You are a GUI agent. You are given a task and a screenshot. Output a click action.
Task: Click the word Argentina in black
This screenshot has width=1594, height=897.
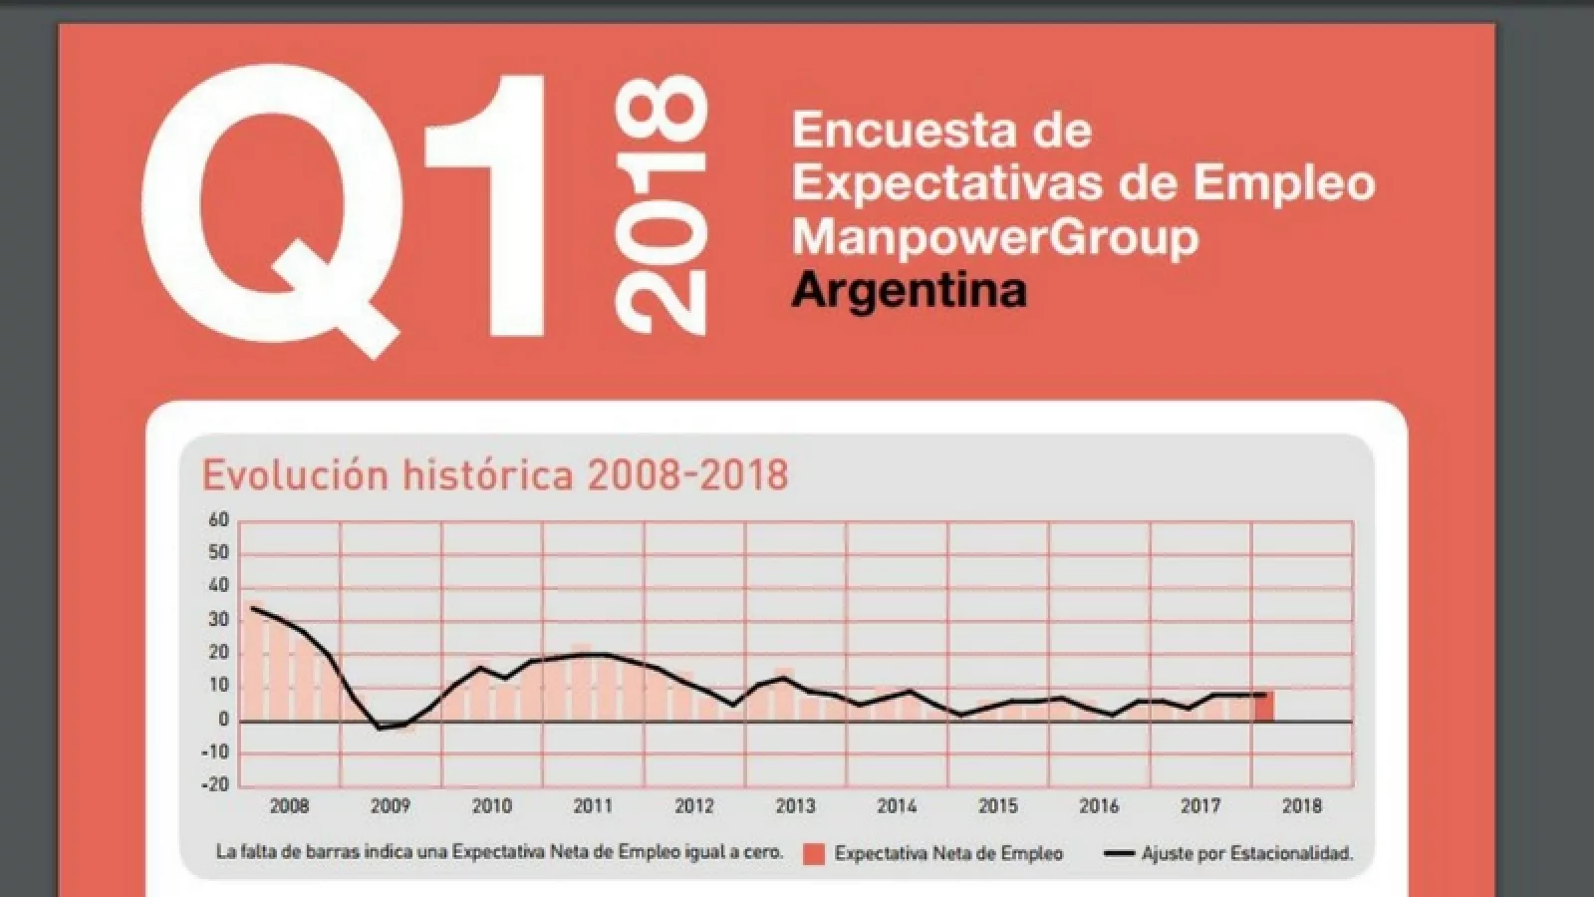tap(909, 290)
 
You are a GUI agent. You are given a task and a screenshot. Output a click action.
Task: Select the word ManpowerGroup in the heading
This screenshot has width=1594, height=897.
tap(994, 236)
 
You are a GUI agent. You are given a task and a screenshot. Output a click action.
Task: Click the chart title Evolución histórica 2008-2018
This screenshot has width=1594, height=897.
tap(495, 474)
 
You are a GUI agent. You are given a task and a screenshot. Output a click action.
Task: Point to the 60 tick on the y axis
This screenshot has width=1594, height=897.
tap(218, 519)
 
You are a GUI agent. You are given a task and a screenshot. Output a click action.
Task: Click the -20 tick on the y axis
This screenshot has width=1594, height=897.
tap(215, 784)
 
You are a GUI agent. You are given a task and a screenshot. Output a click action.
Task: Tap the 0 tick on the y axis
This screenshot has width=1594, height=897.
tap(224, 719)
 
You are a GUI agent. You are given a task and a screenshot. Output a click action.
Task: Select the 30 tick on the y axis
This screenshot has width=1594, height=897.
tap(218, 619)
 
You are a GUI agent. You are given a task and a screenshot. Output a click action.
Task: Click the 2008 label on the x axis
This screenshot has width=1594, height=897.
tap(289, 805)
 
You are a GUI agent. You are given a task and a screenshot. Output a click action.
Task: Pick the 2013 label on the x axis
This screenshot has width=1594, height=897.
tap(795, 805)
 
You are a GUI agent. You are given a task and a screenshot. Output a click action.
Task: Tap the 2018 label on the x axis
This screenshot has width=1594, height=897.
tap(1301, 805)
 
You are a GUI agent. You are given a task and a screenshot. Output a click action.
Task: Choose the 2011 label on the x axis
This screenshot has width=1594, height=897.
tap(593, 805)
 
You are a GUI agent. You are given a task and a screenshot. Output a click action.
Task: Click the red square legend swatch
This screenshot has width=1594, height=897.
tap(814, 854)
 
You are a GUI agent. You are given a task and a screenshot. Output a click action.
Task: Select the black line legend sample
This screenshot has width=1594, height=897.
tap(1120, 853)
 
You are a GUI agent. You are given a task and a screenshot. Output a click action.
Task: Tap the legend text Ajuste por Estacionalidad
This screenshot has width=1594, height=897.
tap(1247, 853)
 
